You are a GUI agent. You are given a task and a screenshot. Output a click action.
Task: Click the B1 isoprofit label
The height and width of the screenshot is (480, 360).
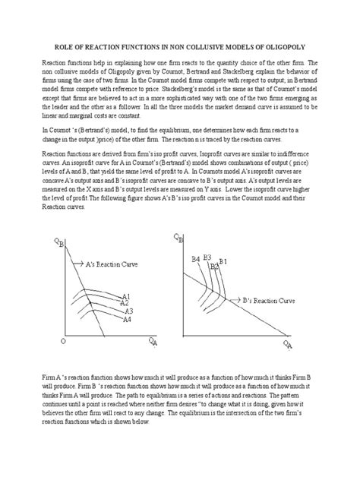(x=223, y=262)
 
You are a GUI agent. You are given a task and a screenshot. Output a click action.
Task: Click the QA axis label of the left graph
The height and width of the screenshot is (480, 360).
(x=154, y=343)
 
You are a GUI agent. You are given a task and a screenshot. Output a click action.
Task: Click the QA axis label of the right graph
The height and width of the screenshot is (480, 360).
(x=288, y=346)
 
